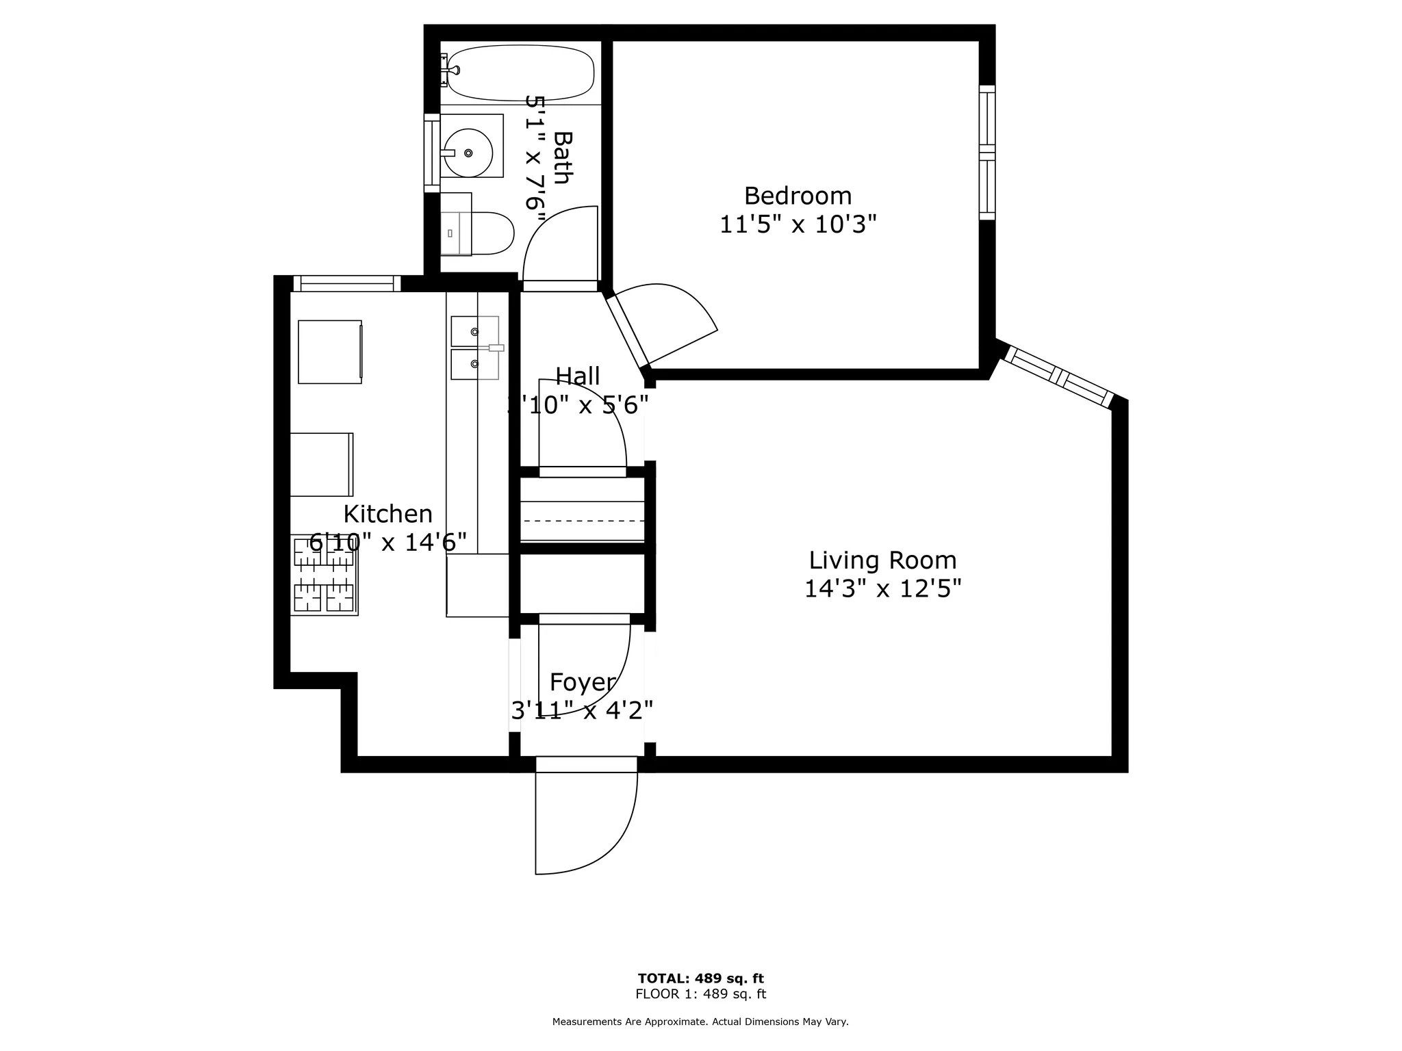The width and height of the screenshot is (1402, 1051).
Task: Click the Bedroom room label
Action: tap(798, 196)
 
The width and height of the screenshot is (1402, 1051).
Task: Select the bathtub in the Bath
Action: tap(520, 73)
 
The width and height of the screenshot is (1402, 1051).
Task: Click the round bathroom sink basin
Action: tap(468, 153)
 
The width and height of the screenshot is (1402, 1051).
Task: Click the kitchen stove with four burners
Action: tap(324, 575)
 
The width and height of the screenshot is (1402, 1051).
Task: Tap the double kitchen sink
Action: tap(474, 348)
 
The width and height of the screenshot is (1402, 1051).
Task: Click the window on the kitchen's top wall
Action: tap(347, 283)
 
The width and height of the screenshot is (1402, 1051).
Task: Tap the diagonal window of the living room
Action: tap(1058, 377)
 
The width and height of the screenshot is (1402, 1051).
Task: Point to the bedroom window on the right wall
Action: tap(986, 152)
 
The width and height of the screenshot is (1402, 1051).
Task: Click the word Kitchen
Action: tap(387, 514)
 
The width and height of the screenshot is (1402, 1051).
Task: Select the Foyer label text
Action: tap(583, 682)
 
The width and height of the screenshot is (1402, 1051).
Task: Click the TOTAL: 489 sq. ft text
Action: tap(700, 978)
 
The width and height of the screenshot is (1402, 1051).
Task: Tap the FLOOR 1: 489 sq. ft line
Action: tap(700, 994)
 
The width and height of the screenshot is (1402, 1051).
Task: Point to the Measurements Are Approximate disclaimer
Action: tap(700, 1022)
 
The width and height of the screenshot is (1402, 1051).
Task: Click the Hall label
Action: tap(577, 376)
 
